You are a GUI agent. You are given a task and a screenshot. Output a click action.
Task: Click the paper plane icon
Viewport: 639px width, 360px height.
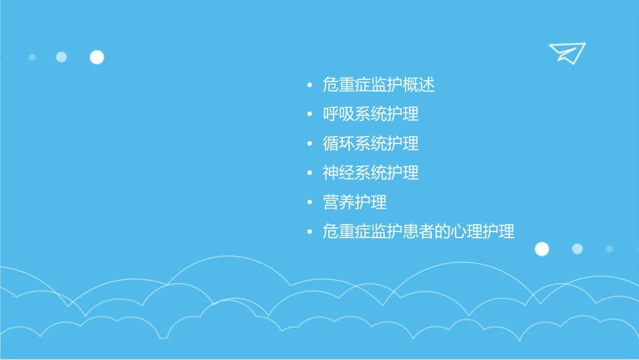pyautogui.click(x=566, y=52)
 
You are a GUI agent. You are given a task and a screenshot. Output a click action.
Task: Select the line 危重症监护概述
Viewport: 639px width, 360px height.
pyautogui.click(x=379, y=85)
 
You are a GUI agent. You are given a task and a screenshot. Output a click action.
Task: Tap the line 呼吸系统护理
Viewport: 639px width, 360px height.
pyautogui.click(x=371, y=114)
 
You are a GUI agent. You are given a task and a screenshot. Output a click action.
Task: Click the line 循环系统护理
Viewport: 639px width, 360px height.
pyautogui.click(x=371, y=143)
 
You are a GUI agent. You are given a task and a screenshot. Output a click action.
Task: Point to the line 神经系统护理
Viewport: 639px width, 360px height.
pyautogui.click(x=371, y=173)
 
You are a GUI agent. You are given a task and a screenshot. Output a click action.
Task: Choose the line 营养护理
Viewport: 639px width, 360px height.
pyautogui.click(x=354, y=202)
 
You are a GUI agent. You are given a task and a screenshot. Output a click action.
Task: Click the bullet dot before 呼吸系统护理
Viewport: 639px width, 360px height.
pyautogui.click(x=309, y=114)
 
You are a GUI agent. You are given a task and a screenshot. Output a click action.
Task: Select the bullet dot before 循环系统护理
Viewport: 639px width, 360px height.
pyautogui.click(x=309, y=144)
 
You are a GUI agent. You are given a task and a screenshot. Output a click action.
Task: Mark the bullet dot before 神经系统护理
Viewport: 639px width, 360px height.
pyautogui.click(x=309, y=174)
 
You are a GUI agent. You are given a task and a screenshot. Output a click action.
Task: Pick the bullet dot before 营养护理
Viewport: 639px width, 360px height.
pyautogui.click(x=309, y=203)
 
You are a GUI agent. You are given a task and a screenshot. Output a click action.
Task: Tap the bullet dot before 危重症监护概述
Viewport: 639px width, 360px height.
pyautogui.click(x=309, y=85)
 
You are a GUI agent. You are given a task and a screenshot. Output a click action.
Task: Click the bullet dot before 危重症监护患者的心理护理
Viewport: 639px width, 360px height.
pyautogui.click(x=309, y=232)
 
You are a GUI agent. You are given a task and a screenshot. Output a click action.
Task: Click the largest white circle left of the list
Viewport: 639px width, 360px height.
pyautogui.click(x=97, y=57)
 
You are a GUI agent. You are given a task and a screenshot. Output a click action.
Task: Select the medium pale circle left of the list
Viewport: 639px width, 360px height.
pyautogui.click(x=61, y=57)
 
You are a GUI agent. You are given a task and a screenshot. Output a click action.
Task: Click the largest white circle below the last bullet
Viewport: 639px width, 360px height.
pyautogui.click(x=541, y=249)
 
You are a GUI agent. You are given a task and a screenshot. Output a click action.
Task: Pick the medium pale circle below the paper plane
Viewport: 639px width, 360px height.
pyautogui.click(x=577, y=249)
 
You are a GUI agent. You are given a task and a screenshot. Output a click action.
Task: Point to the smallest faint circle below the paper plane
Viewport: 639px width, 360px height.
pyautogui.click(x=609, y=249)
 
